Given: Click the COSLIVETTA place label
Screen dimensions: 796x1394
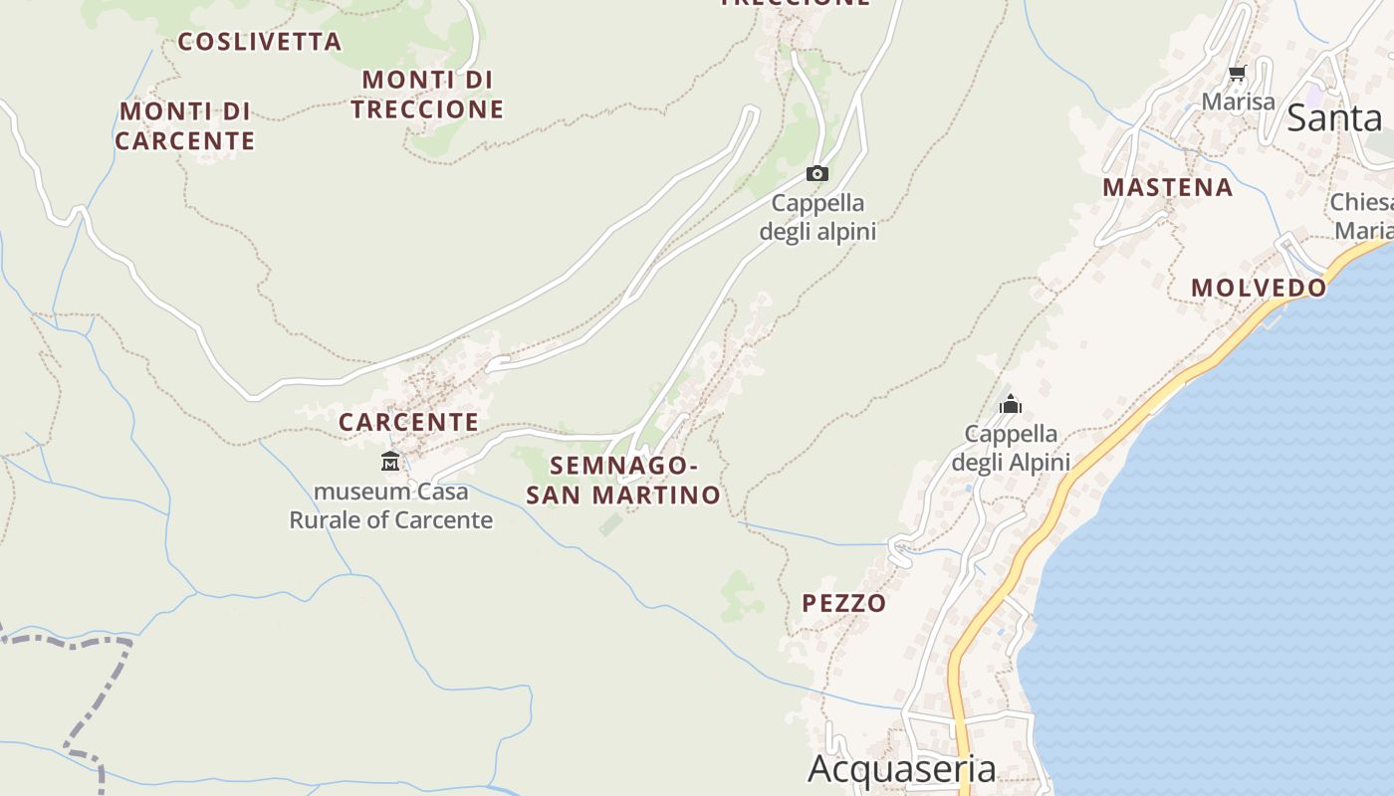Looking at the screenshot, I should pyautogui.click(x=259, y=42).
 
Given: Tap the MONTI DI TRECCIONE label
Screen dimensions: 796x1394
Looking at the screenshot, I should pyautogui.click(x=427, y=94).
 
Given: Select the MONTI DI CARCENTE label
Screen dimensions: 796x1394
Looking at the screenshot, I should pyautogui.click(x=184, y=125).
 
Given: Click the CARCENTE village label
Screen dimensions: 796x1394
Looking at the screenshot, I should pyautogui.click(x=408, y=422).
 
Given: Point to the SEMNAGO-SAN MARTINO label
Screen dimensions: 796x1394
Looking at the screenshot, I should pyautogui.click(x=623, y=480).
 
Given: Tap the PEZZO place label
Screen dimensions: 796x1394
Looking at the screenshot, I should pyautogui.click(x=843, y=603).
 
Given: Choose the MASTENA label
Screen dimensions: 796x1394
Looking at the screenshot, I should pyautogui.click(x=1167, y=187).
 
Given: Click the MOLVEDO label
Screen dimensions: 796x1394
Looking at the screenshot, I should pyautogui.click(x=1259, y=288).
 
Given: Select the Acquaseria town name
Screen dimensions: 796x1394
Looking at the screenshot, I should pyautogui.click(x=901, y=769).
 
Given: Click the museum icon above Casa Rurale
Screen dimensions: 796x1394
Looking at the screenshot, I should pyautogui.click(x=390, y=462).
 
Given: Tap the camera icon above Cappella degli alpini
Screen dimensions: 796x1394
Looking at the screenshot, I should pyautogui.click(x=817, y=174).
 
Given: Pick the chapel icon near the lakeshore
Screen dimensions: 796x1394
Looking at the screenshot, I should pyautogui.click(x=1011, y=404).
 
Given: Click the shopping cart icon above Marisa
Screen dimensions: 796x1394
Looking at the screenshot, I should pyautogui.click(x=1238, y=74).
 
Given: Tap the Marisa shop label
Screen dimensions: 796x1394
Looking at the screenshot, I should pyautogui.click(x=1238, y=101).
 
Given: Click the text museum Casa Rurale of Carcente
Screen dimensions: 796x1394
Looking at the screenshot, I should pyautogui.click(x=391, y=505).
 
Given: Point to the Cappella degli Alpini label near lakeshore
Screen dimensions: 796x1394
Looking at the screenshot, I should pyautogui.click(x=1011, y=448).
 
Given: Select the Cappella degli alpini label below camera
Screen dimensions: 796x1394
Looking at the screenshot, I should pyautogui.click(x=817, y=217).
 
